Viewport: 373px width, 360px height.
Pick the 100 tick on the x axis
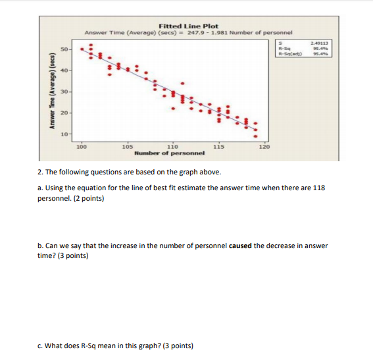[x=81, y=147]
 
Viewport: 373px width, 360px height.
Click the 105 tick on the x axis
[x=128, y=147]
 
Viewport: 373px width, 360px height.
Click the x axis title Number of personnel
[x=169, y=153]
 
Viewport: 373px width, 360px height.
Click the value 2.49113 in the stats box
[x=320, y=42]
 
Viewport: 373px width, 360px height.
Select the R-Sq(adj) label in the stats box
[x=289, y=53]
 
